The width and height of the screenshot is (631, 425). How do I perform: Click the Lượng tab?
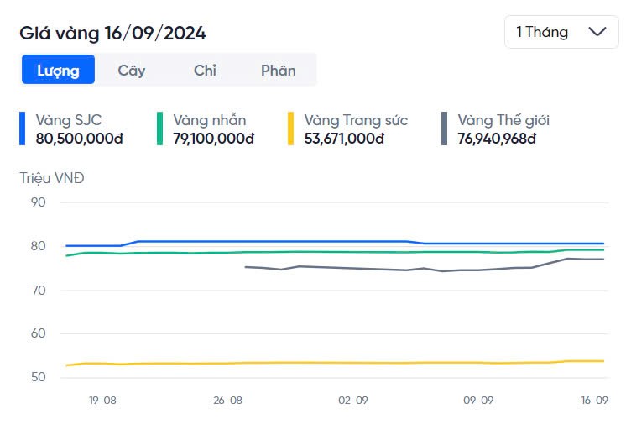click(x=58, y=71)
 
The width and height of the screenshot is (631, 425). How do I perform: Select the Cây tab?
click(x=132, y=71)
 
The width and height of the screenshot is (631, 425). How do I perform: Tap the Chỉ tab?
click(x=205, y=71)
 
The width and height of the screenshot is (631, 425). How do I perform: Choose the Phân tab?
click(x=278, y=71)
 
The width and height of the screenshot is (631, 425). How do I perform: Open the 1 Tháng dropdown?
click(x=561, y=32)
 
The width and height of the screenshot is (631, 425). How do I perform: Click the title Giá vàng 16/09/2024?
click(x=113, y=34)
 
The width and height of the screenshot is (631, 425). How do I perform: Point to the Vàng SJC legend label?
click(x=69, y=120)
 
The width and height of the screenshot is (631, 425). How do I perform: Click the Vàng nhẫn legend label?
click(x=210, y=120)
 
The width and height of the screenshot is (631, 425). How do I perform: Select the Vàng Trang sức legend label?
click(x=356, y=120)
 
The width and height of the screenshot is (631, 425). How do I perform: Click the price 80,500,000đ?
click(x=80, y=139)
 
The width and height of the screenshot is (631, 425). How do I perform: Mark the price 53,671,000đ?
click(x=345, y=139)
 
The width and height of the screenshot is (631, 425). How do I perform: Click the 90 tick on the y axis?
click(x=38, y=202)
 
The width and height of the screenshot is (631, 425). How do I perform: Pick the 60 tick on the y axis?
click(x=38, y=333)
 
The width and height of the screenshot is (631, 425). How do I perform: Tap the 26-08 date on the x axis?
click(x=228, y=401)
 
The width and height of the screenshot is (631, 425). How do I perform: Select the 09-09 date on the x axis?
click(x=478, y=401)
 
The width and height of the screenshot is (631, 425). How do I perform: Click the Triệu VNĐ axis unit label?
click(x=52, y=178)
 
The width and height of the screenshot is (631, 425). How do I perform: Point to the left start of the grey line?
click(x=245, y=267)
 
